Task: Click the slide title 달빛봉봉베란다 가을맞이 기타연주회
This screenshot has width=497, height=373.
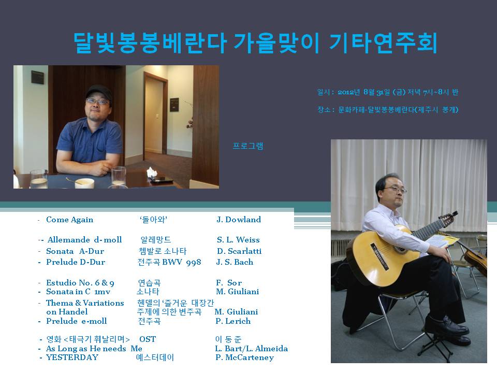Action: [255, 44]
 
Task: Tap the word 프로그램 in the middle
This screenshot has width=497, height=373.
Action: [248, 146]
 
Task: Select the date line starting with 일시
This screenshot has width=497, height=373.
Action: [387, 92]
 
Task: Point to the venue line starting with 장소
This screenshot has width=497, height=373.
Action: [387, 109]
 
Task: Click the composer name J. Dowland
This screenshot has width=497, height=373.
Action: [238, 220]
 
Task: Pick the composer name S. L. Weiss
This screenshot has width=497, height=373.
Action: [238, 240]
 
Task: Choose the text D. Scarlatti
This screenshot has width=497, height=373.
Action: [239, 251]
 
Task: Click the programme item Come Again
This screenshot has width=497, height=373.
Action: [69, 220]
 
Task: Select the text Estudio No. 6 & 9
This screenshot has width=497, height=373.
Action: [80, 283]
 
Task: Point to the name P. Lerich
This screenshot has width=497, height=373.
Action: [233, 321]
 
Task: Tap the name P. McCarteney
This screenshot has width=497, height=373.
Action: [244, 357]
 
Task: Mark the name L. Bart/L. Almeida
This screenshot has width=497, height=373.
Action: [251, 349]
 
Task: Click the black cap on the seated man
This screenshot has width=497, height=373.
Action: [98, 93]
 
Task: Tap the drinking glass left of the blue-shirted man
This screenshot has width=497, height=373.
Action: [38, 178]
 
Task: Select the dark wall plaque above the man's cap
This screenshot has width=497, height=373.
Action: [39, 77]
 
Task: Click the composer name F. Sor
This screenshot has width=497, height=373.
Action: [229, 283]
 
